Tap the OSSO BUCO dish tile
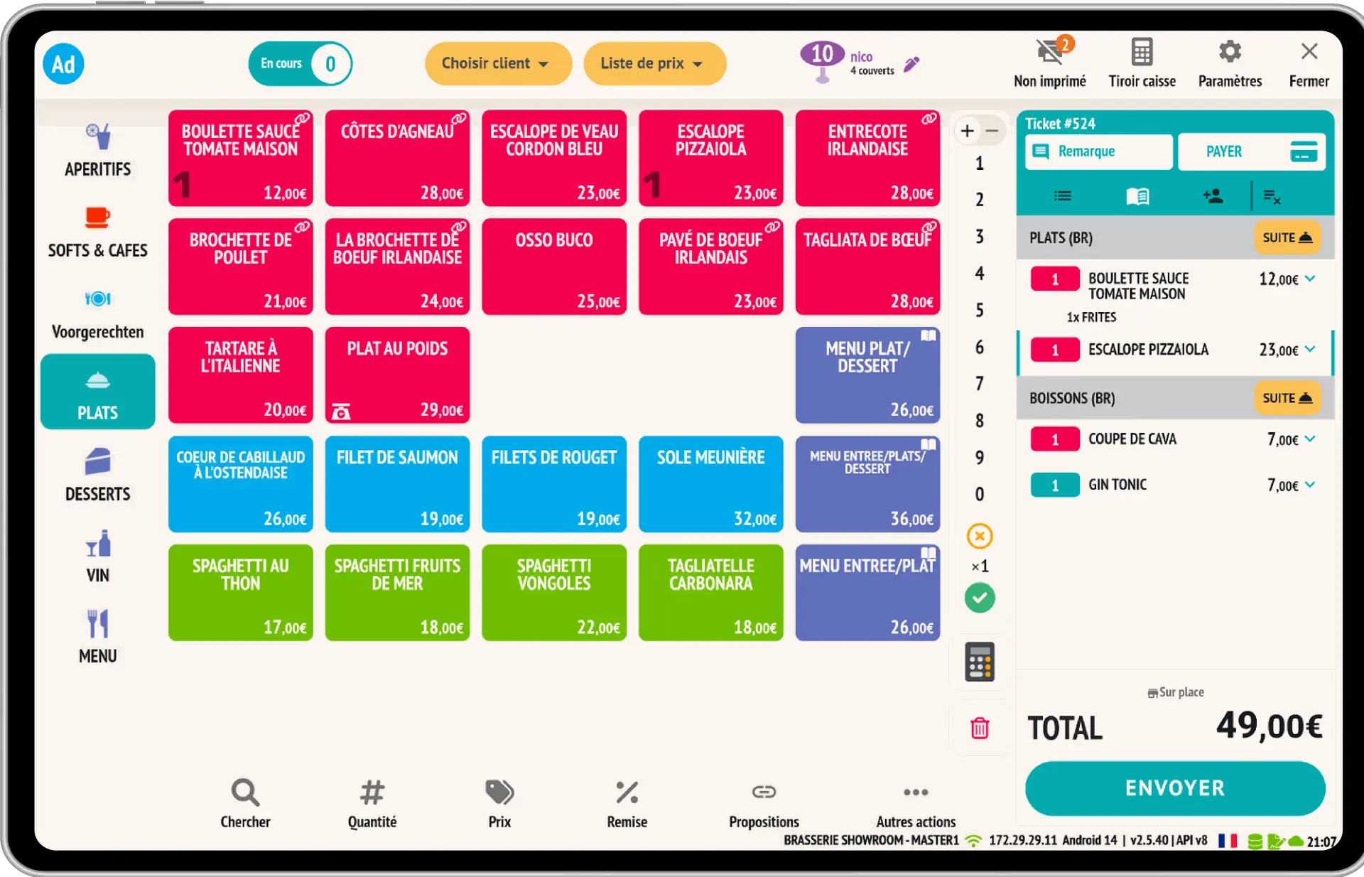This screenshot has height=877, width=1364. [x=554, y=267]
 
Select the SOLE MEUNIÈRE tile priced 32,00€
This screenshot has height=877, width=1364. [x=710, y=484]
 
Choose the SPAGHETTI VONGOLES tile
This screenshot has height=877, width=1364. [x=554, y=593]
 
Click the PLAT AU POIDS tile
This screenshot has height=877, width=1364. [x=397, y=375]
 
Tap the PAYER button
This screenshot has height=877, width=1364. [x=1251, y=151]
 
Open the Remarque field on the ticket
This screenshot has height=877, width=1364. [x=1098, y=151]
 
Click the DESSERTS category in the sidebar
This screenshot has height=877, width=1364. [x=98, y=474]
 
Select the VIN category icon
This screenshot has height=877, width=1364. [x=98, y=545]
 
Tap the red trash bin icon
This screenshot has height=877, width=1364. [x=980, y=728]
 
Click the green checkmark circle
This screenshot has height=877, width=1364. [x=980, y=598]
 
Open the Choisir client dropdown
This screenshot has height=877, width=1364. [x=497, y=63]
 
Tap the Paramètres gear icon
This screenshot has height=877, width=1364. [x=1230, y=52]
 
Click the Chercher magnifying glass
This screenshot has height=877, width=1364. [x=245, y=792]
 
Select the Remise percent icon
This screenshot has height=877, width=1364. [x=627, y=792]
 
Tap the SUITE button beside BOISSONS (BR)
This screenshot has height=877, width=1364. [x=1287, y=398]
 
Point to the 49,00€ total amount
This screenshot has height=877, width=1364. [x=1269, y=726]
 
